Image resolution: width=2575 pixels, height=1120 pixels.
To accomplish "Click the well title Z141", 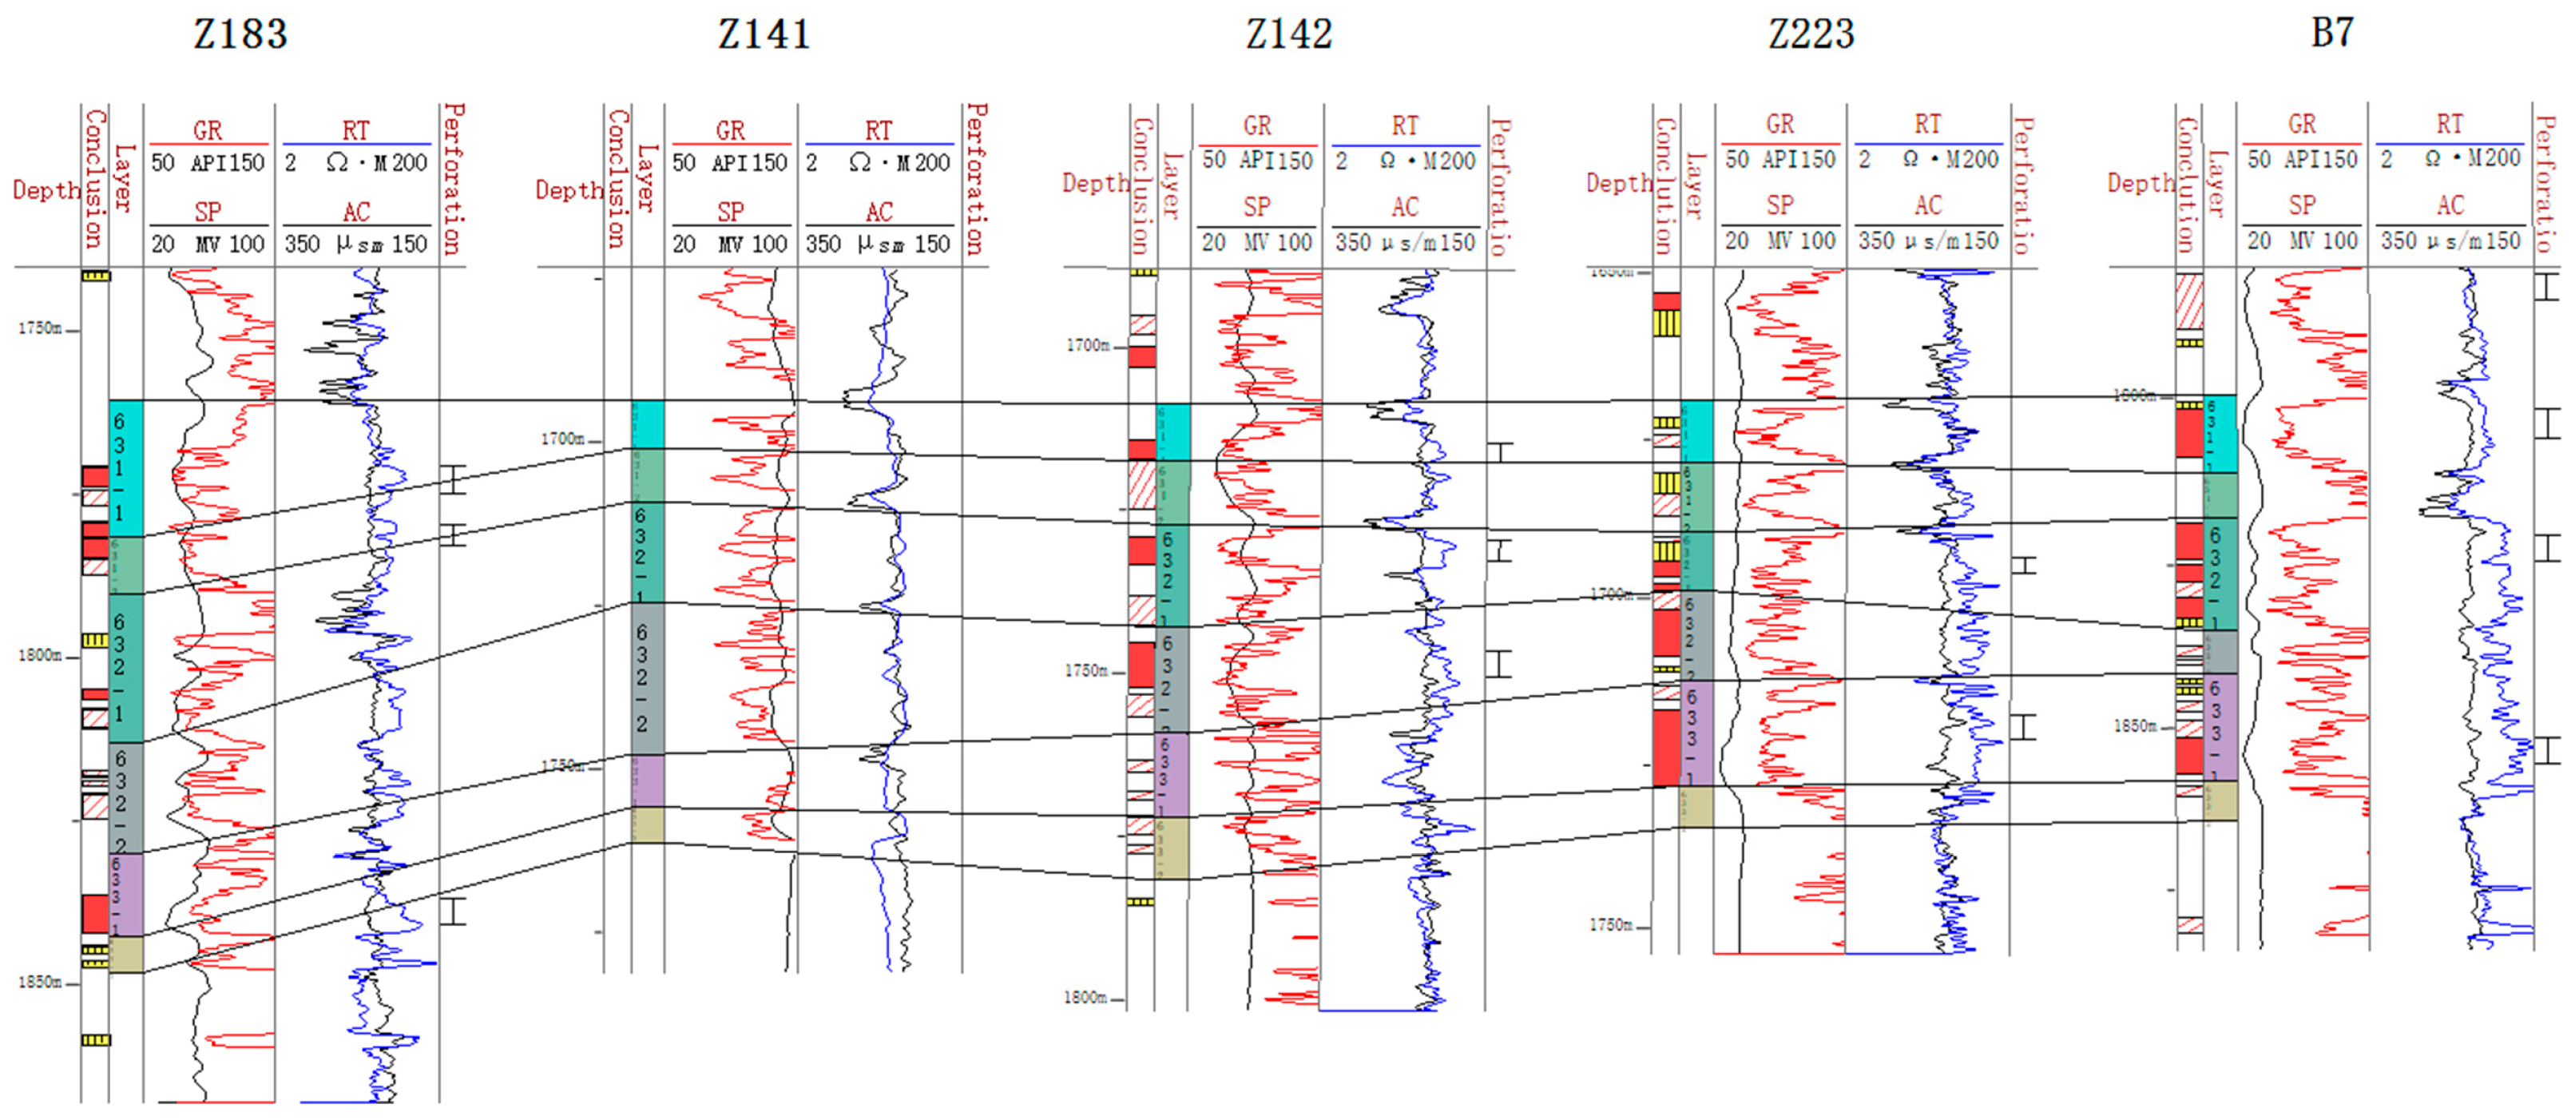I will click(764, 35).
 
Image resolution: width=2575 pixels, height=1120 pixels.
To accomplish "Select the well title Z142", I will click(1288, 35).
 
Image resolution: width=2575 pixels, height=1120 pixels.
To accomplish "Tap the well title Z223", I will click(1811, 35).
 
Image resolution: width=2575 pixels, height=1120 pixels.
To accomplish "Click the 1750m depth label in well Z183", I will click(40, 328).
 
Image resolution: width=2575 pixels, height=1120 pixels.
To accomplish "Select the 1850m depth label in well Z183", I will click(40, 982).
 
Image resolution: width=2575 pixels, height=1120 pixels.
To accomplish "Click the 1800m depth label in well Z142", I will click(1085, 997).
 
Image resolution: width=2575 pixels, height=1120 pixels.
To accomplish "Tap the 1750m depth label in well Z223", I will click(1610, 925).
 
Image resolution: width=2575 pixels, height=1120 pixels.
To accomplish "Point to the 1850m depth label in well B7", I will click(2134, 726).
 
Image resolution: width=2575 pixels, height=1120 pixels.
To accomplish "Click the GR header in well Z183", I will click(208, 130).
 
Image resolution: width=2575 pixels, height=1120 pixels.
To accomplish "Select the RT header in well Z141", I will click(879, 130).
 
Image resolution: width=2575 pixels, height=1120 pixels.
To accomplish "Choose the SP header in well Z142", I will click(1256, 207).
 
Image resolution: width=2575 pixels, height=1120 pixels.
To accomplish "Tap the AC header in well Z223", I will click(1927, 205).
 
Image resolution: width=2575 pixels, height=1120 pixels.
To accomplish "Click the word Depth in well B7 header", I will click(2141, 183).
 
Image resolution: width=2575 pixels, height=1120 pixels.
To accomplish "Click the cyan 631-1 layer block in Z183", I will click(126, 468).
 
